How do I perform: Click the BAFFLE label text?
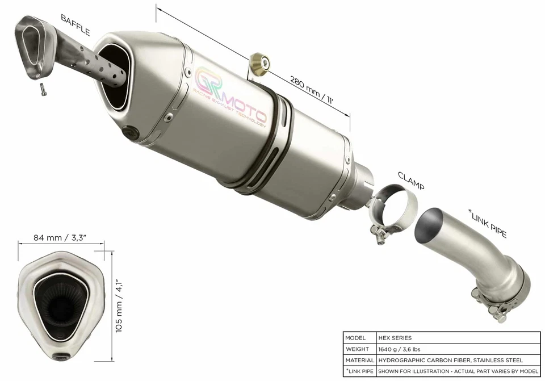pos(76,26)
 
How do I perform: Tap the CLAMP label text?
pos(411,180)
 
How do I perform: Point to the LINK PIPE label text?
pos(488,223)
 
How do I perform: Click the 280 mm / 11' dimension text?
pos(311,90)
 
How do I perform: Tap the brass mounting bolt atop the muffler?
pos(261,61)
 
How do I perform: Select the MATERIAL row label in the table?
pos(359,360)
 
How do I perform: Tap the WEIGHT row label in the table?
pos(359,349)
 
